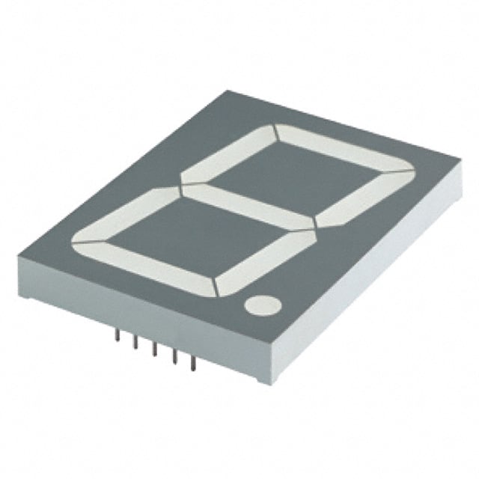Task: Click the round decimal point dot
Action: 260,305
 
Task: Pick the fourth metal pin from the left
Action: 174,358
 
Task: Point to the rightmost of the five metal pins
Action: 193,364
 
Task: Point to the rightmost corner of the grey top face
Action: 458,159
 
